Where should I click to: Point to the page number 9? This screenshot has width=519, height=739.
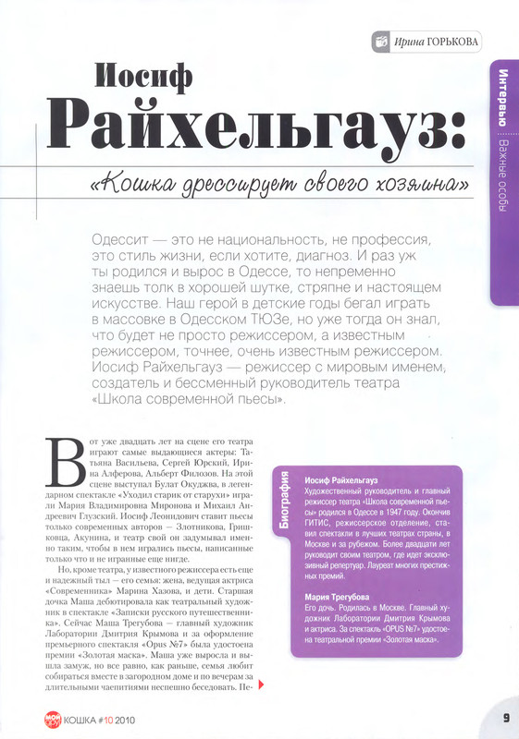coord(506,718)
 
